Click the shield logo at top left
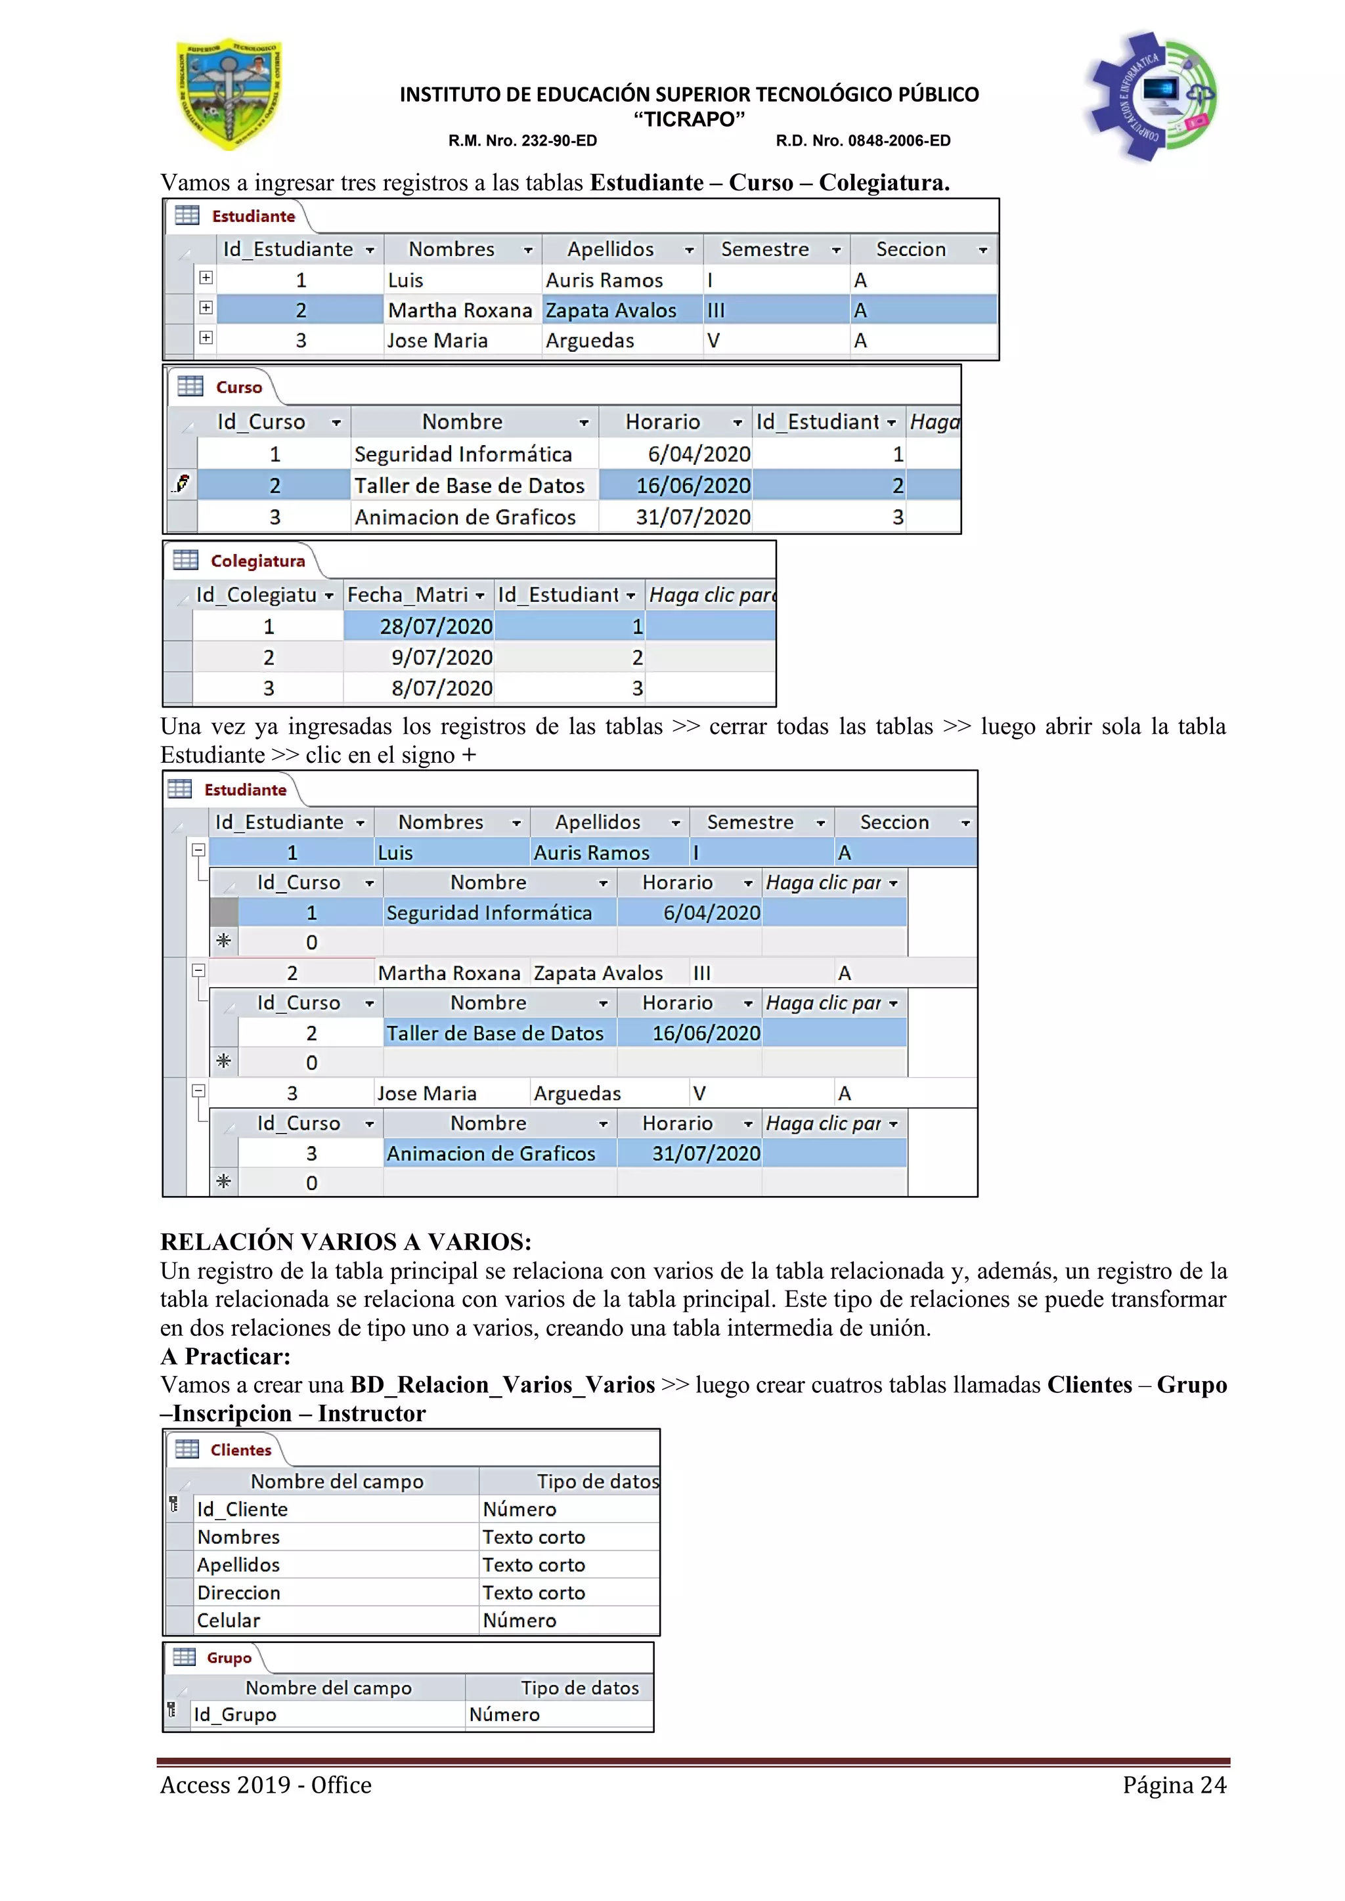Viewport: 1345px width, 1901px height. (x=229, y=94)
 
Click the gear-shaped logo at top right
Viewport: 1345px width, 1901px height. (x=1151, y=96)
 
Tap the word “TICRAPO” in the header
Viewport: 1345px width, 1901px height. (x=689, y=119)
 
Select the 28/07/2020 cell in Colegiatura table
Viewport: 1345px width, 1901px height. (x=419, y=627)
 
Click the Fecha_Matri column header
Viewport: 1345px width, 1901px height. (x=409, y=595)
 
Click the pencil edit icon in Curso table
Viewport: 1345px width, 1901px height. (x=182, y=484)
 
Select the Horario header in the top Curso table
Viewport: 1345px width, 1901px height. (x=663, y=422)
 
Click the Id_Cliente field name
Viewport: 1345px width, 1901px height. (x=242, y=1509)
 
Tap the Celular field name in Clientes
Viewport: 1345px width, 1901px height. (x=229, y=1620)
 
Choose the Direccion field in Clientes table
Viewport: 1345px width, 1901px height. (x=238, y=1593)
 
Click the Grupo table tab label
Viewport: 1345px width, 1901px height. (x=229, y=1657)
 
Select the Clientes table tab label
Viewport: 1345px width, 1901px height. (x=240, y=1450)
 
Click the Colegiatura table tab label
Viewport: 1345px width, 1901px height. (x=257, y=561)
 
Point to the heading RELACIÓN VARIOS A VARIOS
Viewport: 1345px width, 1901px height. (x=345, y=1242)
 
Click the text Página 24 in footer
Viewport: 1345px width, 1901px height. (x=1174, y=1785)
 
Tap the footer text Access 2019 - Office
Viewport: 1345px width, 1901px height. (x=266, y=1785)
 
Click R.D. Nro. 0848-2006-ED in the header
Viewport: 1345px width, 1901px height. (x=862, y=140)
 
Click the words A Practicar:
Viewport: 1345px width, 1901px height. (x=225, y=1356)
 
